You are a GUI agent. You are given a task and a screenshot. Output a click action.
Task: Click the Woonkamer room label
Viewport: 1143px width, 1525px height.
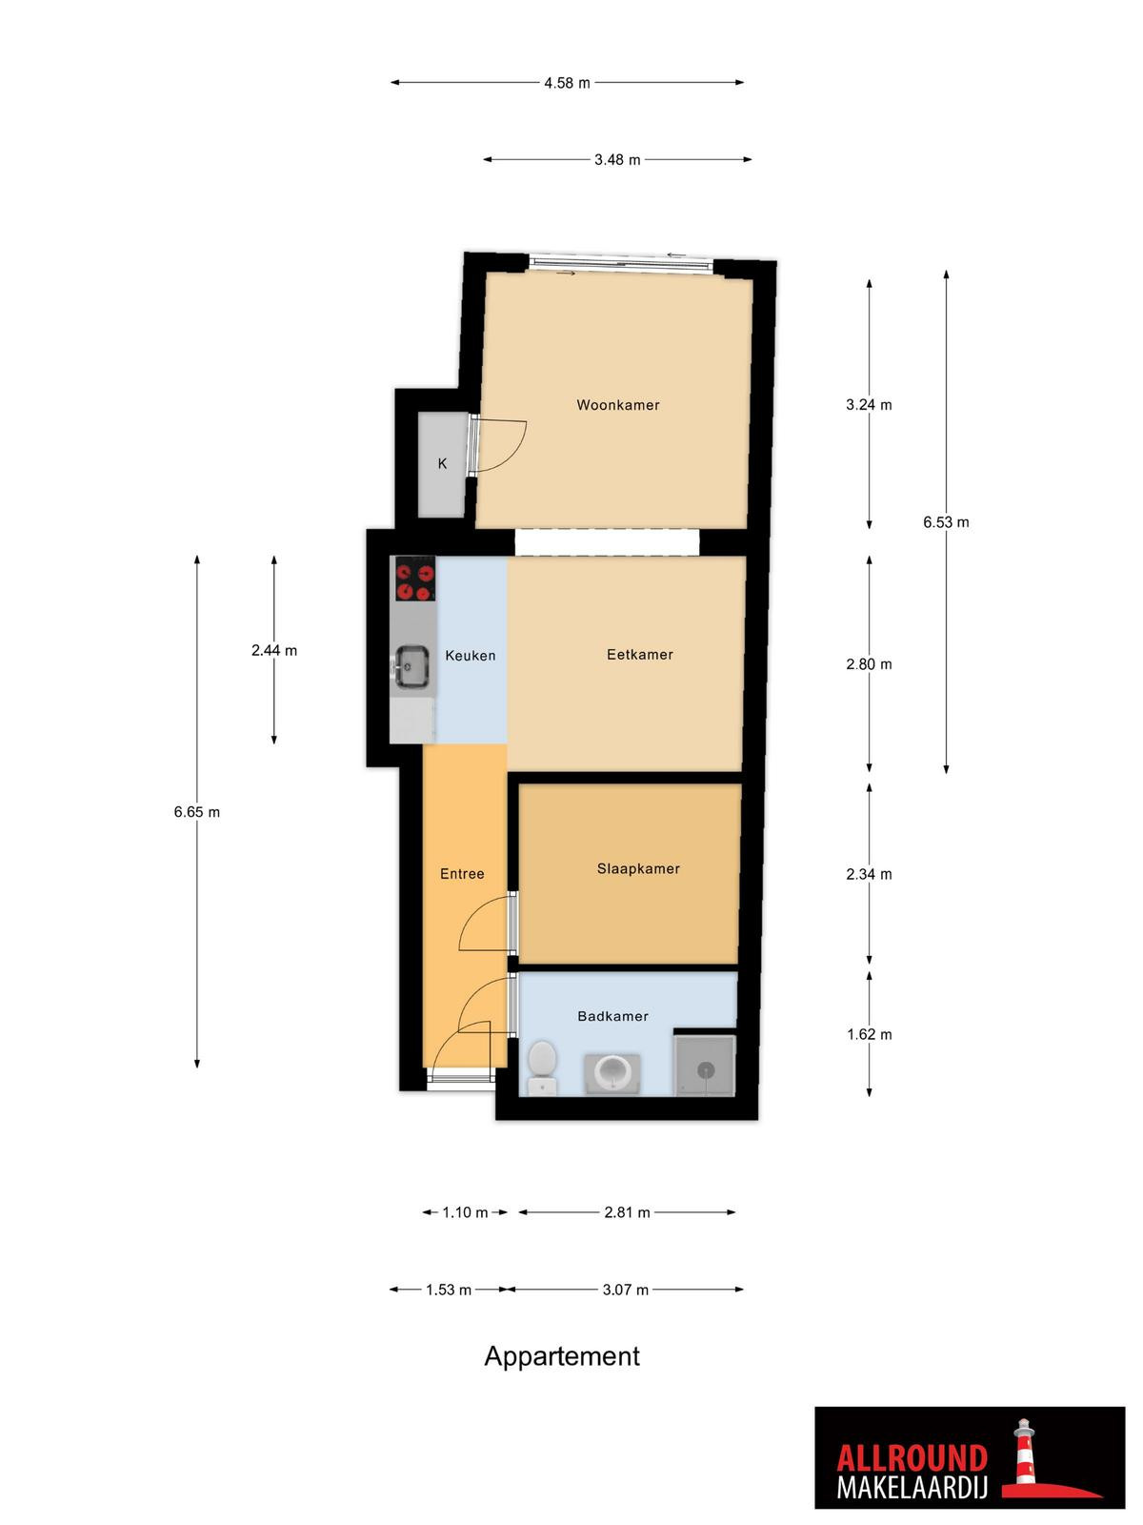[617, 404]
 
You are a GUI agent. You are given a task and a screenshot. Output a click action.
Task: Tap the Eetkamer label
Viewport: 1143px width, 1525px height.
[639, 654]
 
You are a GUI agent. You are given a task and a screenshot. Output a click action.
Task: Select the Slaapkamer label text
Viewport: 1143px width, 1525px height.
[638, 867]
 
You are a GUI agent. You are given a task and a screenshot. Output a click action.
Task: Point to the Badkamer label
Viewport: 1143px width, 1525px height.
[612, 1016]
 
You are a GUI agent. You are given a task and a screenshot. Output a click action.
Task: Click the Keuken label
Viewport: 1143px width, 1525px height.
[470, 655]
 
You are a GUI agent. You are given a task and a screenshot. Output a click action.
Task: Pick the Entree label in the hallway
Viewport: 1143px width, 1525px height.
[462, 873]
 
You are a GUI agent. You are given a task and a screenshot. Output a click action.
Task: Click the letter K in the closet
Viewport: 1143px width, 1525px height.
[442, 463]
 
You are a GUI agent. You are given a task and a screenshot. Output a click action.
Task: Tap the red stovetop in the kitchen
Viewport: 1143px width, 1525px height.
[415, 579]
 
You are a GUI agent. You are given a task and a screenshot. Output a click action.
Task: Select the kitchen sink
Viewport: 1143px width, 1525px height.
[411, 667]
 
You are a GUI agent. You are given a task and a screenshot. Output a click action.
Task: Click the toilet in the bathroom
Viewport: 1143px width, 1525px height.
[541, 1067]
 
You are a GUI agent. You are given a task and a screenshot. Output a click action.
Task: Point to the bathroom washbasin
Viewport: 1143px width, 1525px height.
[612, 1072]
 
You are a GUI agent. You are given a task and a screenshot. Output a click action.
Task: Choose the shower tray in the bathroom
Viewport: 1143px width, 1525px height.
[705, 1066]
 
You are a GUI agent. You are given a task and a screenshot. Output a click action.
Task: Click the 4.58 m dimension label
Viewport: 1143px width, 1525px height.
[567, 83]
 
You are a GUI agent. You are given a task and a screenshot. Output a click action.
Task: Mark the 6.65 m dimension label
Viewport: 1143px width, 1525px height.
[196, 811]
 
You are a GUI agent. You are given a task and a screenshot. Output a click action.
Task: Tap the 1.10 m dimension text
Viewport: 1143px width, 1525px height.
[465, 1212]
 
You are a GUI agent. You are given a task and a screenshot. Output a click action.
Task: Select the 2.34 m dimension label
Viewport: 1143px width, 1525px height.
[868, 874]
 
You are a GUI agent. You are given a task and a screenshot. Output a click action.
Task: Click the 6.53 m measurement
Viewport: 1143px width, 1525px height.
[945, 521]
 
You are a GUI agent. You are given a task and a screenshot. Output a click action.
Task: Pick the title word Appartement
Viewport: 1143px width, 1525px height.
[561, 1355]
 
